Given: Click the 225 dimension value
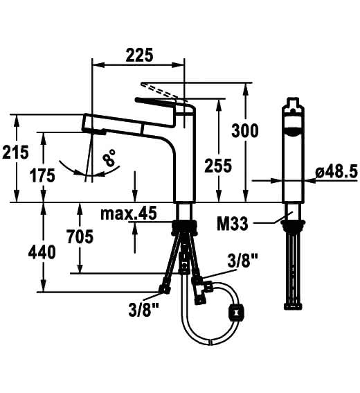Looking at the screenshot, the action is click(139, 55).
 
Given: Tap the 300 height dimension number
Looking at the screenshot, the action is click(244, 130).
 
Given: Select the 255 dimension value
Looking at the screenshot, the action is click(218, 166).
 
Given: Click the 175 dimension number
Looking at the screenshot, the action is click(42, 175).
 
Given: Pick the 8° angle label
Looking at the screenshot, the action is click(109, 157).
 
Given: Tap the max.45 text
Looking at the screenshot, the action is click(129, 213).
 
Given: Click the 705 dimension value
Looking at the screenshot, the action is click(80, 236).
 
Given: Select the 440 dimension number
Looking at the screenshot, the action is click(42, 252).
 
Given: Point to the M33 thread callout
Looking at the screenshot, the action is click(233, 224).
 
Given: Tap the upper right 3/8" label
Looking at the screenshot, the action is click(242, 261).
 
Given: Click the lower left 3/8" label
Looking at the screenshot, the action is click(144, 310).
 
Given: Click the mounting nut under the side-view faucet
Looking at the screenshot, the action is click(185, 227).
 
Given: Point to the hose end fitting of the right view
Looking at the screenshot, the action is click(293, 306).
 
